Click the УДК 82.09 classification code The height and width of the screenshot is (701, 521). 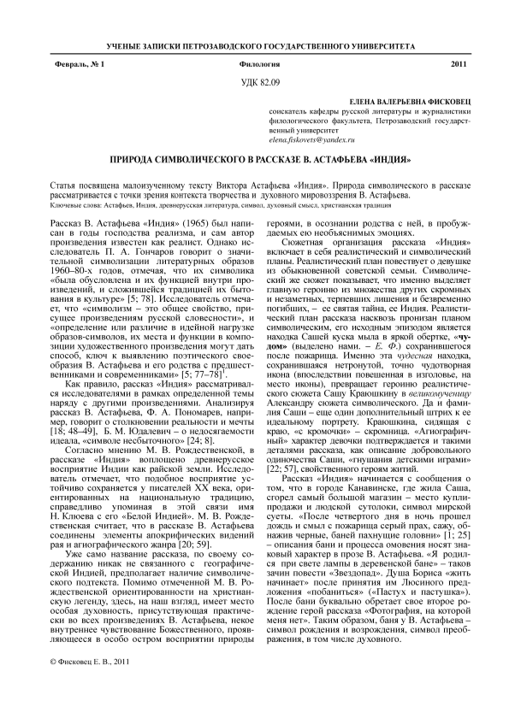coord(258,82)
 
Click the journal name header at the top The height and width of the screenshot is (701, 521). coord(260,44)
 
